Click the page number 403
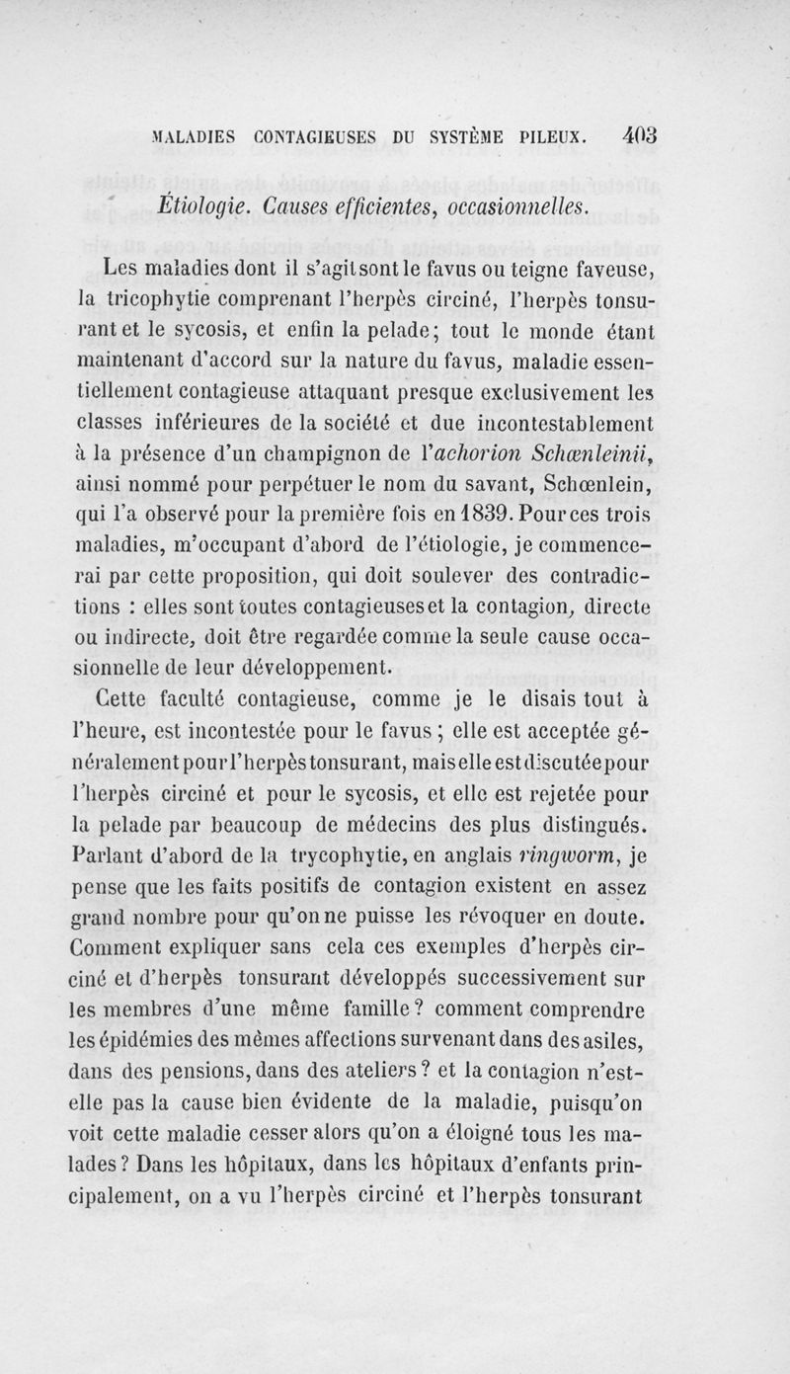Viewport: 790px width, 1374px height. click(x=633, y=133)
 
